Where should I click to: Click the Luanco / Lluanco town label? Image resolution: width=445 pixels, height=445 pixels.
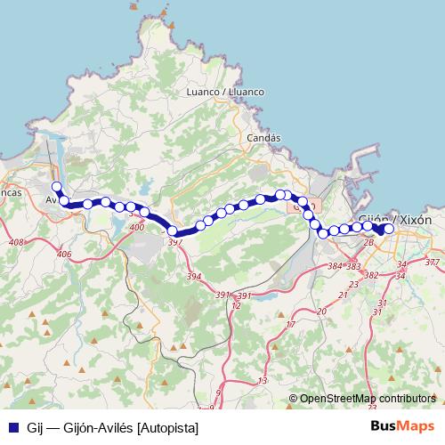(x=225, y=92)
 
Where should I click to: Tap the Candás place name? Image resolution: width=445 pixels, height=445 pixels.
(x=263, y=138)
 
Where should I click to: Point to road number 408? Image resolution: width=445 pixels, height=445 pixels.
(x=15, y=242)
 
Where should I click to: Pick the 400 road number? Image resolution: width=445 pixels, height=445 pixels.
(x=136, y=229)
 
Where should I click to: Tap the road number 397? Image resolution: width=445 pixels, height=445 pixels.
(x=175, y=242)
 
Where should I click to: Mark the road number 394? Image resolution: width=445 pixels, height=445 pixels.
(x=194, y=278)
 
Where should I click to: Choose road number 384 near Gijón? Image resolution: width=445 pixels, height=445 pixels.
(x=335, y=266)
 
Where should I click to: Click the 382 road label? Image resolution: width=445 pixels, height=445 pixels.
(x=371, y=275)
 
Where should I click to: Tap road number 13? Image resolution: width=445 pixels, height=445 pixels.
(x=262, y=381)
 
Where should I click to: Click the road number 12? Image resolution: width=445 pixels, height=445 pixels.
(x=236, y=305)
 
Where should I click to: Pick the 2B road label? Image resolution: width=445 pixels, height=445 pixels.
(x=368, y=240)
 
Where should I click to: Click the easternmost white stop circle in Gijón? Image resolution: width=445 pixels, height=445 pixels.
(x=389, y=229)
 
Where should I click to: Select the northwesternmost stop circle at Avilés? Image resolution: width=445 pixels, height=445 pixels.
(x=56, y=187)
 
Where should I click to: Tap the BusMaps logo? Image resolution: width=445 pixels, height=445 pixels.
(x=402, y=426)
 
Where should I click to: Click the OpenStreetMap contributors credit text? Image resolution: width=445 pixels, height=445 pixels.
(x=367, y=400)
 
